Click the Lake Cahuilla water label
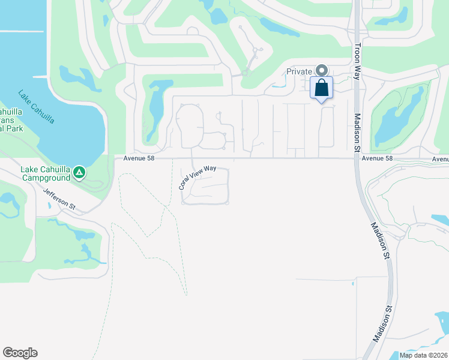(x=37, y=107)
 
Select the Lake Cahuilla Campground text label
(x=46, y=173)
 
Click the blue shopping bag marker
(x=322, y=88)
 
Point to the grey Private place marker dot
(x=322, y=71)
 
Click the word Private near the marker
(x=299, y=71)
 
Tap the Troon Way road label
(x=357, y=57)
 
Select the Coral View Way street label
(x=197, y=178)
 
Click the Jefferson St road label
(x=59, y=199)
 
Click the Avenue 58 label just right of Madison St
(x=378, y=158)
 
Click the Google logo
(x=20, y=353)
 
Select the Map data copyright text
(x=424, y=355)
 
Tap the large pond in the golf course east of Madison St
(x=397, y=120)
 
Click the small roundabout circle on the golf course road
(x=245, y=73)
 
